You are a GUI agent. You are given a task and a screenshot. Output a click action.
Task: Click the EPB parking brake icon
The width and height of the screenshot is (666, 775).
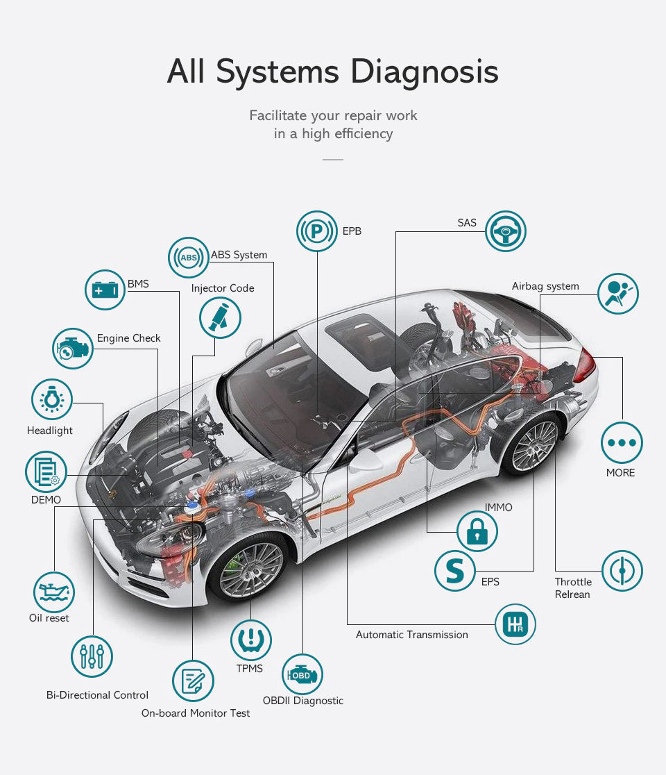(317, 231)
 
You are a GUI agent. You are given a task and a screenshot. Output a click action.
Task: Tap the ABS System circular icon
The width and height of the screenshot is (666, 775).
(188, 258)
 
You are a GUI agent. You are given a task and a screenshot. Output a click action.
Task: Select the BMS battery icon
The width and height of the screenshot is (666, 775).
(105, 290)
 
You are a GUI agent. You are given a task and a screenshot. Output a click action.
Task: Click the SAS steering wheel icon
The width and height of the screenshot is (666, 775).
(506, 231)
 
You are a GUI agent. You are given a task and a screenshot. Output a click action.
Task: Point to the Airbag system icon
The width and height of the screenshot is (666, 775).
(617, 294)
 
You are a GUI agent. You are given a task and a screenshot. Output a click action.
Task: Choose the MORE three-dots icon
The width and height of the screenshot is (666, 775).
(622, 442)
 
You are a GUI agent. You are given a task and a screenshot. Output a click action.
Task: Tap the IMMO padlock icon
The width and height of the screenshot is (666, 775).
(477, 532)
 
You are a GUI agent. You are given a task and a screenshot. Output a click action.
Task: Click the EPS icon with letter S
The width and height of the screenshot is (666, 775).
(455, 570)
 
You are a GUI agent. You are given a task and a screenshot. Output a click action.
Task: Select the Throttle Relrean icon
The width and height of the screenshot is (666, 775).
(622, 571)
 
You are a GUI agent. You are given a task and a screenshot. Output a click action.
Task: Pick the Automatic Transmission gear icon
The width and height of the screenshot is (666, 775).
(515, 624)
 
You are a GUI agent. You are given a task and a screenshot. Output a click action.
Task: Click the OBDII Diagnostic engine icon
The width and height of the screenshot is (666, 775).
(302, 674)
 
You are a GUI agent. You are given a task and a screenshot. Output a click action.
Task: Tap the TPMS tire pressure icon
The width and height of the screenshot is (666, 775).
(250, 640)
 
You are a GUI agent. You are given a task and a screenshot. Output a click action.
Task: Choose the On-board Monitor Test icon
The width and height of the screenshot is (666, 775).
(193, 681)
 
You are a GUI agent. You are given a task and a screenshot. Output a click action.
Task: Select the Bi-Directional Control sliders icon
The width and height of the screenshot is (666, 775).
(92, 656)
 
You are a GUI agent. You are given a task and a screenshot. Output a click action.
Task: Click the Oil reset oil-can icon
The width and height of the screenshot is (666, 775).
(54, 592)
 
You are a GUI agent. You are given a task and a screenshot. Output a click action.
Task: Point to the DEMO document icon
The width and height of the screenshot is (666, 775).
(46, 472)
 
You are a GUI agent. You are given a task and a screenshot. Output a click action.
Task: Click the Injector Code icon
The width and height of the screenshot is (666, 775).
(220, 319)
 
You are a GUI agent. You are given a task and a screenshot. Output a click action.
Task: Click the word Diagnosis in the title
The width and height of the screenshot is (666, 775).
(425, 72)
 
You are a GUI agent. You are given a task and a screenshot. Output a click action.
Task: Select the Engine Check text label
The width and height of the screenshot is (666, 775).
(128, 338)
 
